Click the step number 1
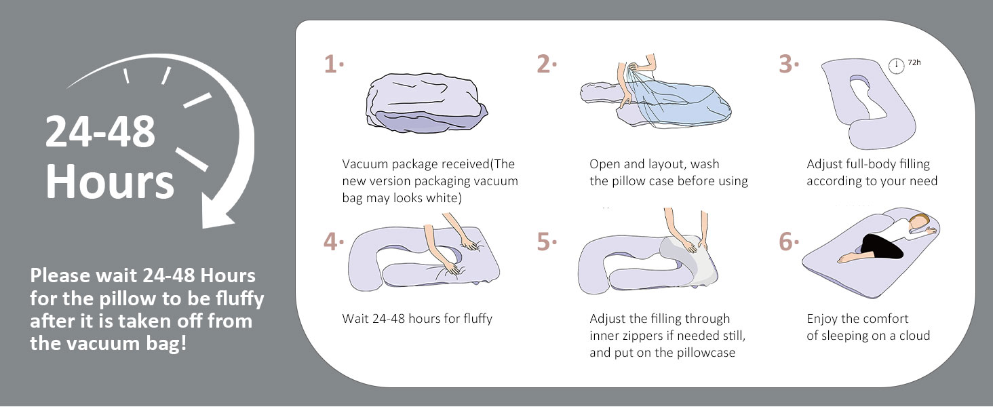(x=331, y=64)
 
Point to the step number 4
(x=331, y=242)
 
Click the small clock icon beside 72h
(x=897, y=66)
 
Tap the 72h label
(x=914, y=62)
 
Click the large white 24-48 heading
(x=100, y=131)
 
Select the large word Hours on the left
(x=110, y=181)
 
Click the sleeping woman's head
(x=918, y=223)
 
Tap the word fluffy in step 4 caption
(x=478, y=319)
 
